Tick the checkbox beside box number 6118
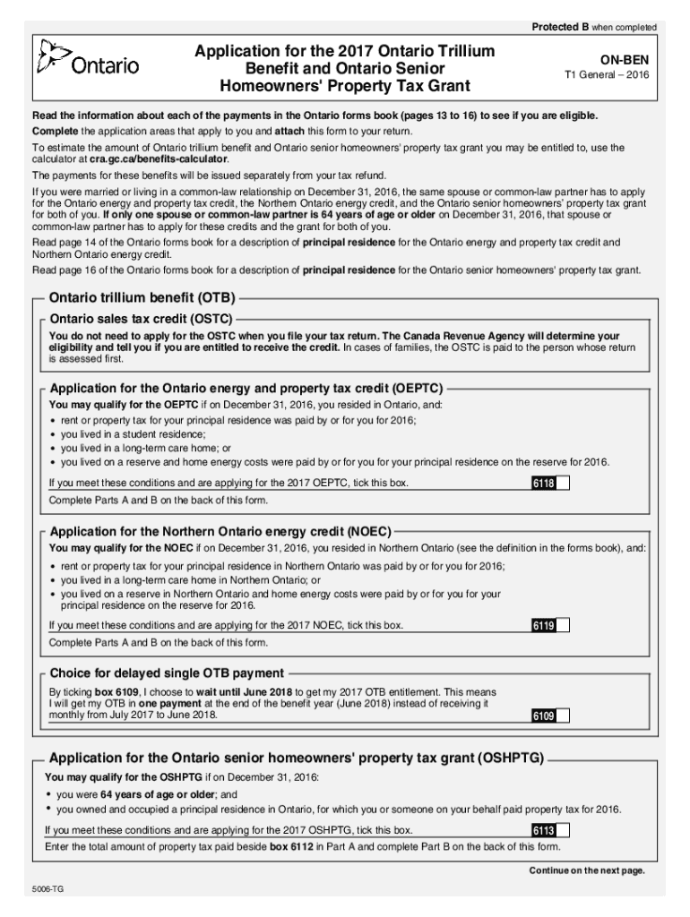(x=563, y=484)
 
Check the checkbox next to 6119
(x=563, y=625)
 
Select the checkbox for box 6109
(x=563, y=716)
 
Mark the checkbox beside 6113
(x=563, y=830)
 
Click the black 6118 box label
(x=543, y=484)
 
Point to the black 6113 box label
(x=543, y=830)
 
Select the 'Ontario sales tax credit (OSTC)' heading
(x=141, y=319)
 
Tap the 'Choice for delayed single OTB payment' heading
(x=167, y=673)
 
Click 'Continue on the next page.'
(x=586, y=870)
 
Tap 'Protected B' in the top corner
(x=560, y=28)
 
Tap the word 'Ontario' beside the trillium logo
(x=106, y=65)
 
